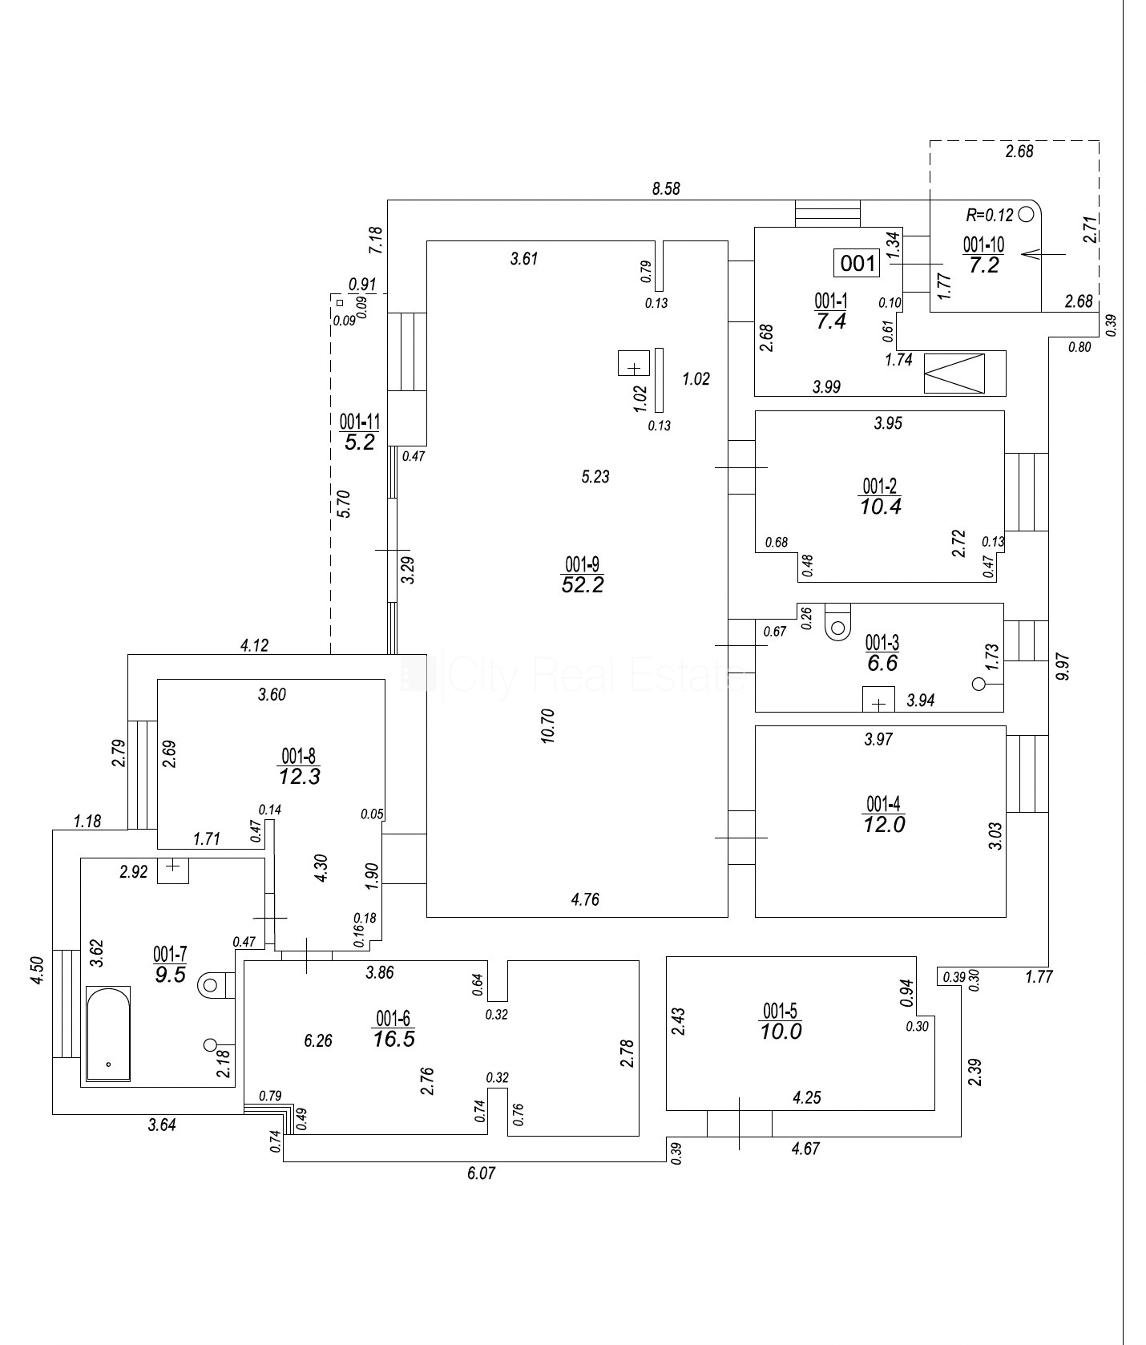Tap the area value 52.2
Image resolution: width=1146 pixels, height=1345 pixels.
click(583, 585)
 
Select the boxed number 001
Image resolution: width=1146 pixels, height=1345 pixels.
click(857, 262)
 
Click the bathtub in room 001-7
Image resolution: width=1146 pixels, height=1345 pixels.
click(107, 1034)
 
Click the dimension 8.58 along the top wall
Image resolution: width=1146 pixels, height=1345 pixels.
click(666, 188)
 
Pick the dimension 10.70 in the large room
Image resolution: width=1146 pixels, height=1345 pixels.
click(548, 725)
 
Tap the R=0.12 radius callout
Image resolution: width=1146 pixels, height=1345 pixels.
click(991, 215)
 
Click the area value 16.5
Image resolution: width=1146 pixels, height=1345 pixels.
click(393, 1040)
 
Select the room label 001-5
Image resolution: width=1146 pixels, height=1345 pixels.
click(781, 1010)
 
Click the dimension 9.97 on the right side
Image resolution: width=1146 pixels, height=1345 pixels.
click(1063, 666)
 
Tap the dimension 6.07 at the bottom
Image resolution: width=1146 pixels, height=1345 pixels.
click(481, 1173)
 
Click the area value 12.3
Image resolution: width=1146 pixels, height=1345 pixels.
click(300, 776)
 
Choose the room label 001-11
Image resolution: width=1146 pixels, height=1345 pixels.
click(359, 422)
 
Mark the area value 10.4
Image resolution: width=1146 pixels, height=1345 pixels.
click(880, 507)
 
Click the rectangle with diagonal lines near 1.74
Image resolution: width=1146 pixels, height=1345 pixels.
click(954, 374)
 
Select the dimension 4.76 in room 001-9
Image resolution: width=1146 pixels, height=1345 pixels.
click(585, 899)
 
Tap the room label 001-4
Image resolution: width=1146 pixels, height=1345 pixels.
click(885, 803)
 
